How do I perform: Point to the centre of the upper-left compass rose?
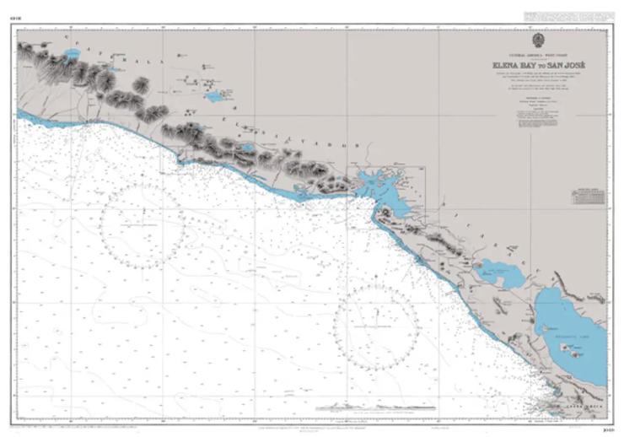pos(143,226)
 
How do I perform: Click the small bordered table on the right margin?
pos(589,196)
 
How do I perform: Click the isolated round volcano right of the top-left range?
pos(141,84)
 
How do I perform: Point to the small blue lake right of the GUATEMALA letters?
pos(215,96)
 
